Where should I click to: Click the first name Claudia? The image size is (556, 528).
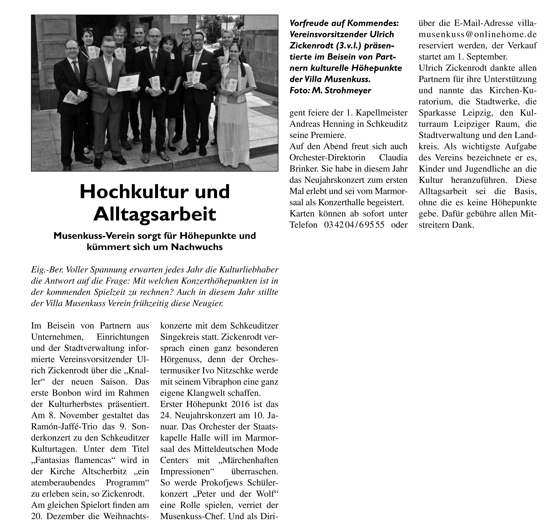[x=393, y=158]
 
